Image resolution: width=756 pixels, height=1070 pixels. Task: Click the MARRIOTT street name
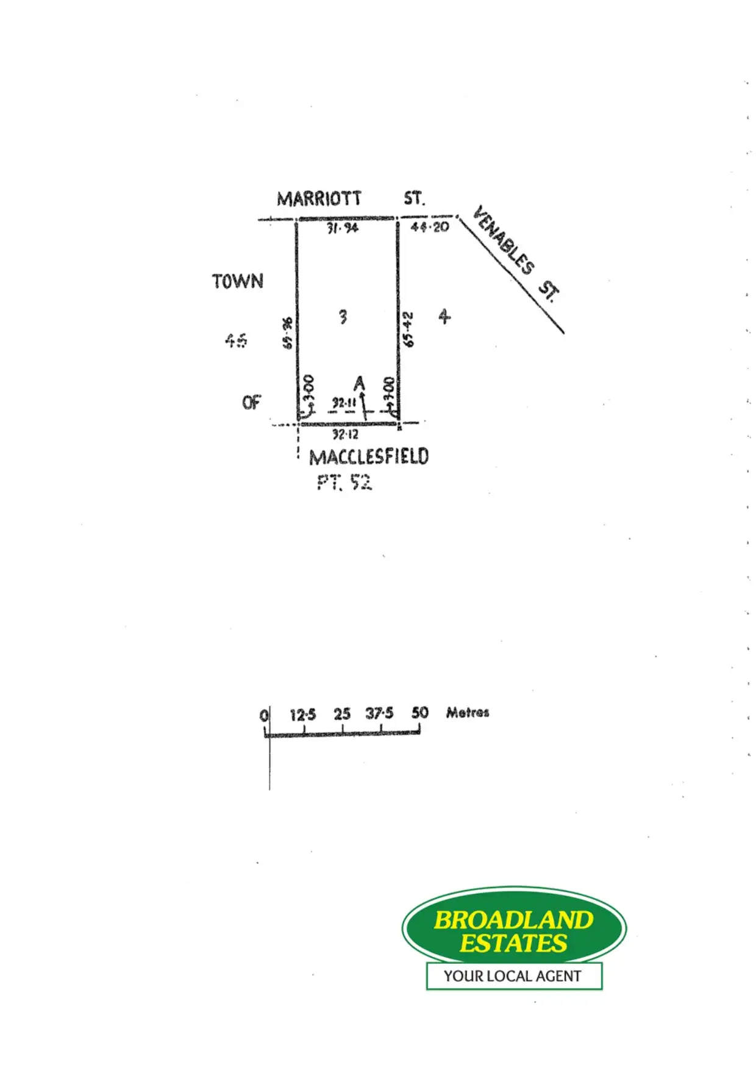click(319, 199)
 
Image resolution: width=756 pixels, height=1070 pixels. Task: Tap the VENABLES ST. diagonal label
click(516, 254)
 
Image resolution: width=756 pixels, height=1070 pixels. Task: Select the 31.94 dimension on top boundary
click(343, 228)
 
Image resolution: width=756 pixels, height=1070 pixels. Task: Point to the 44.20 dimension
click(430, 227)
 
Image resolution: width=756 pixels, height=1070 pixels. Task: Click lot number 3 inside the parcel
click(343, 317)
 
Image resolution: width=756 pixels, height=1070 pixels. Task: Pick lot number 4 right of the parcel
click(444, 316)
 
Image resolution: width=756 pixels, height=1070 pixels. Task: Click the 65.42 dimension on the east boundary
click(408, 329)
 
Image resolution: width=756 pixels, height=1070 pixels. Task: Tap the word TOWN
click(238, 281)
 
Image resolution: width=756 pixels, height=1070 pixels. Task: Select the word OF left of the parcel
click(251, 403)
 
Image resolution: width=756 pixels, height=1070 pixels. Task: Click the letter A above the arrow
click(360, 383)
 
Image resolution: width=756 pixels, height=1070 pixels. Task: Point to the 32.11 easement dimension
click(344, 403)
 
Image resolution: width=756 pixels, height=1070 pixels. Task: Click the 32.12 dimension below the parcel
click(345, 434)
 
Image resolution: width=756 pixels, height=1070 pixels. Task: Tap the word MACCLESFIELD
click(369, 457)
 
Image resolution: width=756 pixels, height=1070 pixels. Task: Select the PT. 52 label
click(344, 483)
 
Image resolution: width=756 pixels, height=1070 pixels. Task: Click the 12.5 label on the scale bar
click(303, 714)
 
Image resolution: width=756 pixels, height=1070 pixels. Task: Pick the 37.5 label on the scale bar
click(379, 713)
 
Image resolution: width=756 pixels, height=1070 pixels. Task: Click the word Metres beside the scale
click(468, 713)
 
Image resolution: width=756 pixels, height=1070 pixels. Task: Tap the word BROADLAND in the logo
click(513, 920)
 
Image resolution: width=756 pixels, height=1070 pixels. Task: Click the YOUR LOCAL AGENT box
click(513, 976)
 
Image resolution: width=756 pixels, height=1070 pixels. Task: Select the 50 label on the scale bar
click(419, 713)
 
